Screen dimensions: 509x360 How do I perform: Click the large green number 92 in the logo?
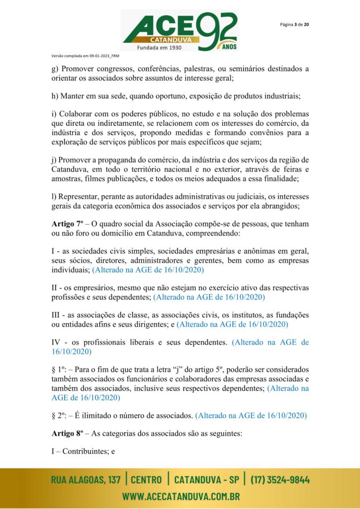click(x=217, y=31)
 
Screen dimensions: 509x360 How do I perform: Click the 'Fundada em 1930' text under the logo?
click(x=159, y=48)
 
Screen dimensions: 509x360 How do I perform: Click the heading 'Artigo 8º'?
click(x=67, y=433)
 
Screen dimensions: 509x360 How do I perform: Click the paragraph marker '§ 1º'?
click(x=60, y=369)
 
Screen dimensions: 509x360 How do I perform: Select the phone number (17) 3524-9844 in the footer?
click(x=280, y=480)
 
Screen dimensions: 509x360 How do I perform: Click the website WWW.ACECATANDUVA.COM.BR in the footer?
click(x=181, y=496)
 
